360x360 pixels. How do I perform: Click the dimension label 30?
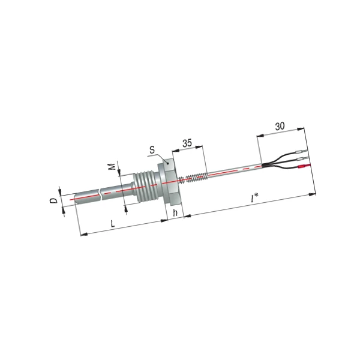(x=280, y=126)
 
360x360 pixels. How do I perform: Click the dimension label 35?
(x=187, y=143)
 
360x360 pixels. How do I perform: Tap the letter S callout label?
(x=152, y=149)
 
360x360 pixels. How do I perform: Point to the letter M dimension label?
(x=112, y=166)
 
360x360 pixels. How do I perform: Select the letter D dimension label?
(x=54, y=200)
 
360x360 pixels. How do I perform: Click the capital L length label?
(x=113, y=223)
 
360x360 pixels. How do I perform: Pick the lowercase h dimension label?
(x=175, y=212)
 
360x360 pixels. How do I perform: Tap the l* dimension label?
(x=254, y=198)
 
